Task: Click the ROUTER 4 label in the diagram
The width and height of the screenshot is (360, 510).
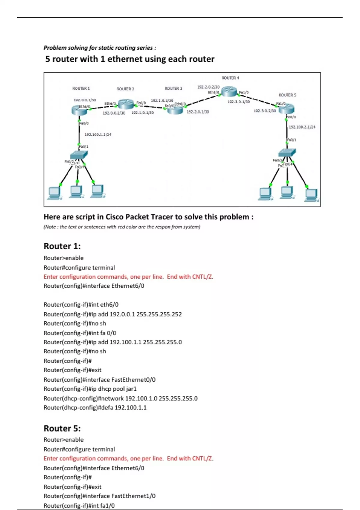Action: tap(230, 78)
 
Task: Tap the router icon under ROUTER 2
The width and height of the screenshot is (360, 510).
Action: tap(126, 104)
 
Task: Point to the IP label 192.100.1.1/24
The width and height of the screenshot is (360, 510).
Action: tap(98, 135)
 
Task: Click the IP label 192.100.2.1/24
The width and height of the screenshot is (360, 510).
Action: tap(302, 127)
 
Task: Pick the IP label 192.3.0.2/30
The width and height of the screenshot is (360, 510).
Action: tap(265, 111)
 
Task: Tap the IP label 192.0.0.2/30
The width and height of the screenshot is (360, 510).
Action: tap(114, 113)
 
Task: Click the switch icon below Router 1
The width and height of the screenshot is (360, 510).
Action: tap(79, 155)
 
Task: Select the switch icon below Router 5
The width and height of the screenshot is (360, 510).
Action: tap(287, 152)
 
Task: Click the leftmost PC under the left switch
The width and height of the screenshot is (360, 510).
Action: tap(54, 193)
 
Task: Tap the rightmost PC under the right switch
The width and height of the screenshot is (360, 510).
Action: tap(311, 195)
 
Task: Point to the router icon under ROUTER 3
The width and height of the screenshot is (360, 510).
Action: tap(175, 110)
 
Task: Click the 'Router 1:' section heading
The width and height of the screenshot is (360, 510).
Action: tap(62, 246)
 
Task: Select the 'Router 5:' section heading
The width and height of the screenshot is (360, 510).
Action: tap(62, 428)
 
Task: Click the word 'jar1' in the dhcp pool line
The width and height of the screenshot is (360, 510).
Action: tap(131, 389)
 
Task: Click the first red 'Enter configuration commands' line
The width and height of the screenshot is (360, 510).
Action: tap(128, 277)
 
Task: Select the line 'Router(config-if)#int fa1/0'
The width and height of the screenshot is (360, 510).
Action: tap(79, 505)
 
